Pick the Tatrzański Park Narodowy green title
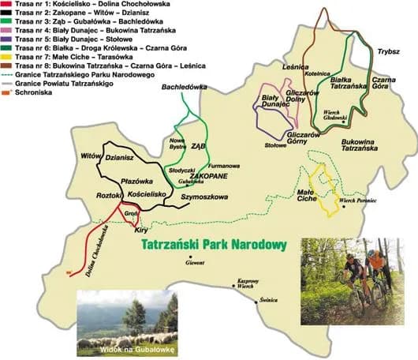pyautogui.click(x=212, y=245)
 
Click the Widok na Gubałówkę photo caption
pyautogui.click(x=128, y=347)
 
